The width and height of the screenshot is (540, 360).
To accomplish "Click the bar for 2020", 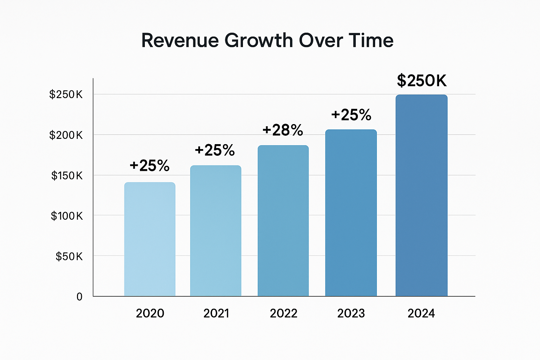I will coord(150,239).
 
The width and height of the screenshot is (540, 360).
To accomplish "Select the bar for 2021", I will coord(216,231).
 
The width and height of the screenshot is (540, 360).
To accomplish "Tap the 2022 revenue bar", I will coord(283,221).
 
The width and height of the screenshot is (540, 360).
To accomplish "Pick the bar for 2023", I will coord(351,213).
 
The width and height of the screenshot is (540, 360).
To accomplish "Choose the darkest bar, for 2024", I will coord(421,195).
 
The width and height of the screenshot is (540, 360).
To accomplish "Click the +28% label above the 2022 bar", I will coord(283,130).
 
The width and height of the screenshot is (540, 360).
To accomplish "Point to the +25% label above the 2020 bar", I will coord(149,166).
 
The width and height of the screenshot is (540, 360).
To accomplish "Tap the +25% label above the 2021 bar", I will coord(215,150).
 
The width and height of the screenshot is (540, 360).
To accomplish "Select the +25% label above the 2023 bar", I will coord(351,115).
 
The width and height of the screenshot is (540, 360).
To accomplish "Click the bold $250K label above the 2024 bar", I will coord(422,81).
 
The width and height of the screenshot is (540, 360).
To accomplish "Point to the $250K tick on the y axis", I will coord(66,95).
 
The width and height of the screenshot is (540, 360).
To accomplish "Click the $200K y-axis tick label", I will coord(66,135).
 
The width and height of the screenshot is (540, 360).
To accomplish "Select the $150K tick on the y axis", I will coord(67,175).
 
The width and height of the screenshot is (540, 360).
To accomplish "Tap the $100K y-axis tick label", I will coord(67,216).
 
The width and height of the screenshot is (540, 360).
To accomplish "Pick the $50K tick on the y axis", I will coord(69,256).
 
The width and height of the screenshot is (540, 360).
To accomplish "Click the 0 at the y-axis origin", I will coord(79,297).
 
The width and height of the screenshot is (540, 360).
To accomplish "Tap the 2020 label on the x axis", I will coord(150,313).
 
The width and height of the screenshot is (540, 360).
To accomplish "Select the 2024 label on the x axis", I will coord(421,313).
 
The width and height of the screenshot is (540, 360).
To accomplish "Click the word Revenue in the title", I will coord(180,40).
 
